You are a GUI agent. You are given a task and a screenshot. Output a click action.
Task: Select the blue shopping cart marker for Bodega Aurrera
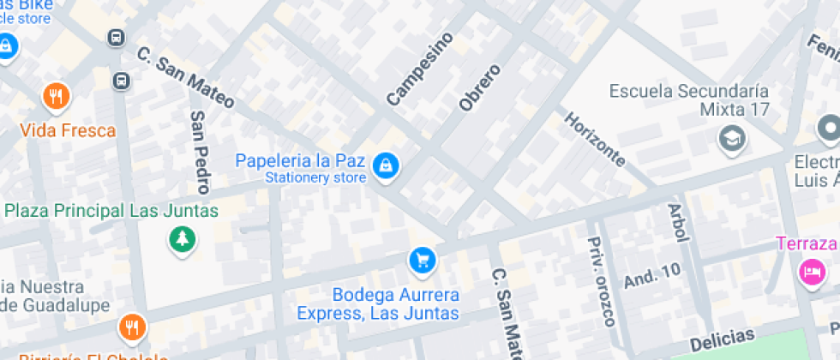(421, 259)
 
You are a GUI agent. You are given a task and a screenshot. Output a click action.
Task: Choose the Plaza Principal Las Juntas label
(111, 210)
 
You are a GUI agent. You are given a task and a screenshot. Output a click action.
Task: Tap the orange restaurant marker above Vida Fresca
(56, 97)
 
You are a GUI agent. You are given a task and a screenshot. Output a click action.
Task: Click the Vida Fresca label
(68, 131)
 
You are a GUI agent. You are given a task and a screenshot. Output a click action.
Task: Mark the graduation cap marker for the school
(732, 137)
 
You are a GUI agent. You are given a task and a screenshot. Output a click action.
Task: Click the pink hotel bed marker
(810, 272)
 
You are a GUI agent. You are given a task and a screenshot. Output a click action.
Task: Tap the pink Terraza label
(807, 243)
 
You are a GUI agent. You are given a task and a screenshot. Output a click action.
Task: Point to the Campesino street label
(418, 69)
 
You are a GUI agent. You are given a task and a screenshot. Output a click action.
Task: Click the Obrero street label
(479, 87)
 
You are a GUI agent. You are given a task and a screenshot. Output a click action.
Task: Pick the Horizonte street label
(594, 138)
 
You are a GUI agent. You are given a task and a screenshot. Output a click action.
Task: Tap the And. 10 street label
(652, 274)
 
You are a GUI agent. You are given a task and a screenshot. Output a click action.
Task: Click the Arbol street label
(678, 223)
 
